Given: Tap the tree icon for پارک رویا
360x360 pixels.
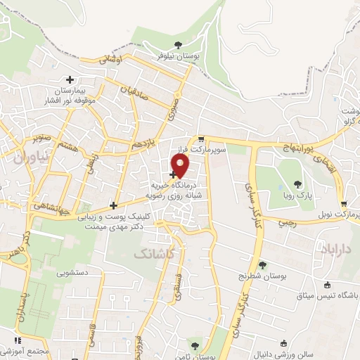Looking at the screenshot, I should pyautogui.click(x=297, y=184).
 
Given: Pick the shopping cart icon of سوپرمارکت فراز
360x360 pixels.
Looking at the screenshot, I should pyautogui.click(x=202, y=139).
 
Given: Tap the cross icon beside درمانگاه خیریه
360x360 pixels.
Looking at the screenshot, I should pyautogui.click(x=173, y=174).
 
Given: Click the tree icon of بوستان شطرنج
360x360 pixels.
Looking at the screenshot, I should pyautogui.click(x=262, y=265).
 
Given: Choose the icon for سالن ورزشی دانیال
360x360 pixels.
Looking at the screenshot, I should pyautogui.click(x=283, y=344).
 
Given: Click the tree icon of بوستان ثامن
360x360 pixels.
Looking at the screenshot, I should pyautogui.click(x=195, y=345).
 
